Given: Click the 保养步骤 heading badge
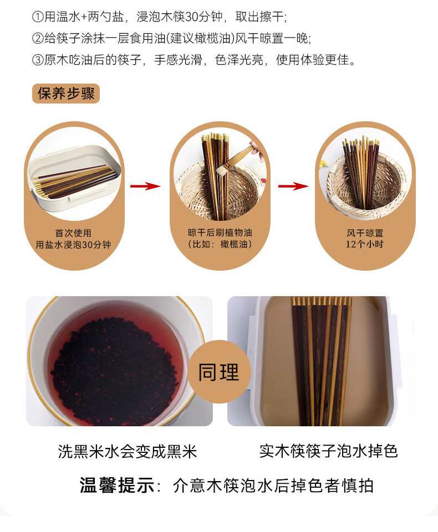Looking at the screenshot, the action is click(66, 94).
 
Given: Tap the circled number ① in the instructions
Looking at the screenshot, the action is click(38, 17).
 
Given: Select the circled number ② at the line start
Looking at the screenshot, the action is click(38, 38).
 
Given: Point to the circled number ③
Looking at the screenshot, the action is click(38, 60).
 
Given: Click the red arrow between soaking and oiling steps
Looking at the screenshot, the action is click(145, 186).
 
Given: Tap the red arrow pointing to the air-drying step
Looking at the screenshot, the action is click(293, 186).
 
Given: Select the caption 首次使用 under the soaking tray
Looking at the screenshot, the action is click(73, 233).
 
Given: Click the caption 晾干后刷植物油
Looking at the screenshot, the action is click(220, 233).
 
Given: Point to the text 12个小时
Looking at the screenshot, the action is click(365, 244).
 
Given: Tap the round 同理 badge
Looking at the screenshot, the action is click(219, 371).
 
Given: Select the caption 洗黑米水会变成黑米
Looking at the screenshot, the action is click(128, 452).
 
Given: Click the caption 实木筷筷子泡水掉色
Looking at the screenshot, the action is click(328, 451).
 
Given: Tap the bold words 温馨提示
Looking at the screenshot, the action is click(117, 485).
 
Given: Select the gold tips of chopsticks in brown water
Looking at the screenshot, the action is click(322, 301).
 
